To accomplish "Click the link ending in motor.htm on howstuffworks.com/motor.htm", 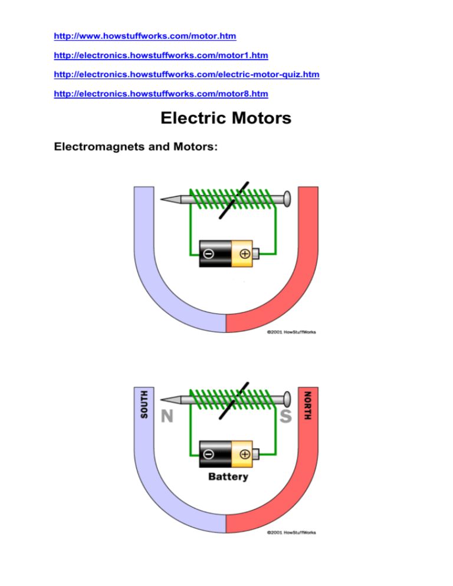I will (145, 37).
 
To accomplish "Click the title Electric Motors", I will (226, 118).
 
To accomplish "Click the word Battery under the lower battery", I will (228, 476).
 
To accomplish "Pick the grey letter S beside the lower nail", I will (285, 417).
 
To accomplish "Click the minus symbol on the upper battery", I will (209, 255).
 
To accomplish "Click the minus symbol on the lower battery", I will (209, 454).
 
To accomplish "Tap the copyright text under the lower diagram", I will (291, 532).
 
